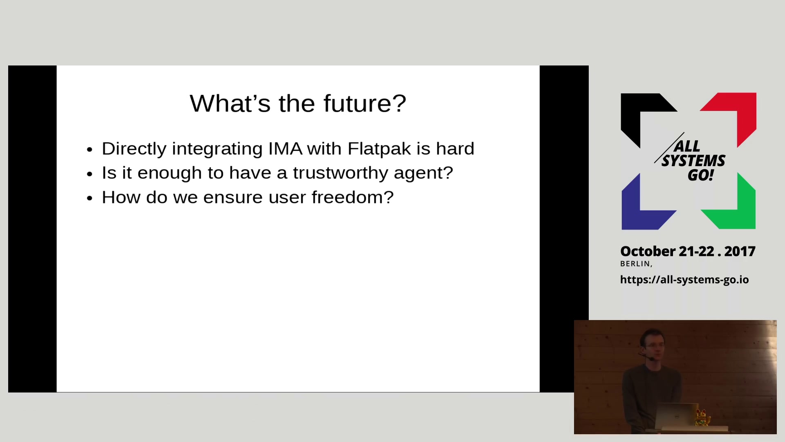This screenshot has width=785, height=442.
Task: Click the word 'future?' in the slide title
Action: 365,103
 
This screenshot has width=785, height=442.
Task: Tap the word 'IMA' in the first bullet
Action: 285,149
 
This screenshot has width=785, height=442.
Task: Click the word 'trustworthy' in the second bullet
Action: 341,173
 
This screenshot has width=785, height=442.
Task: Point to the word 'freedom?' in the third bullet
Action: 352,197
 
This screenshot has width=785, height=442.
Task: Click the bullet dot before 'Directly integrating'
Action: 90,150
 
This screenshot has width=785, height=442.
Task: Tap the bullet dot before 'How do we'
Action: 90,198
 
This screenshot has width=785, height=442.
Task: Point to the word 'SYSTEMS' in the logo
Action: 693,161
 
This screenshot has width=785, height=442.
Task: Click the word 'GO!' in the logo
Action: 701,175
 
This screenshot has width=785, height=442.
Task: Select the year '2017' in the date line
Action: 740,251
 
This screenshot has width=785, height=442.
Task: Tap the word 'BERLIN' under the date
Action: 635,264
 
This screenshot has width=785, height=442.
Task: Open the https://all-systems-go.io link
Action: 684,280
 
